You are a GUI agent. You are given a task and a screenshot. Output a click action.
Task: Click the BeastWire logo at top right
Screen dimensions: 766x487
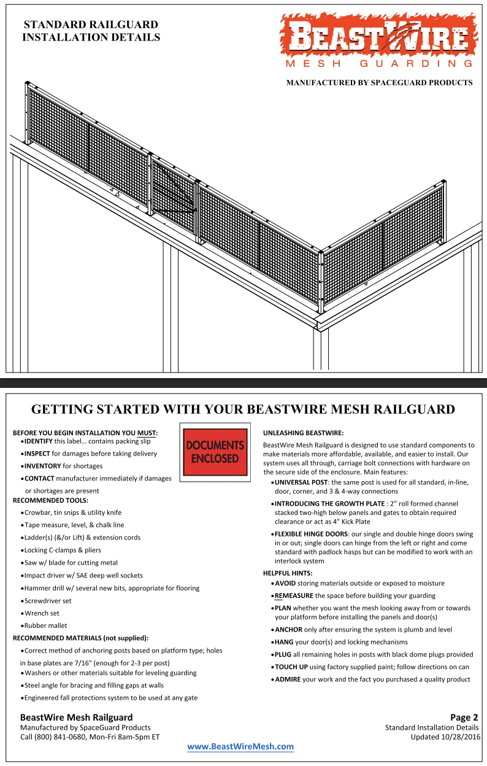pos(378,41)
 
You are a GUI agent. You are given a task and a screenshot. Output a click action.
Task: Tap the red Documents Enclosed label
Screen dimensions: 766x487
pos(215,451)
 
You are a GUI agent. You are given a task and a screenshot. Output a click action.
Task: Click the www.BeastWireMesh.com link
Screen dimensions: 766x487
pos(240,746)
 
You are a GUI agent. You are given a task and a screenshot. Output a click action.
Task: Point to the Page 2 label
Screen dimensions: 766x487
pos(464,717)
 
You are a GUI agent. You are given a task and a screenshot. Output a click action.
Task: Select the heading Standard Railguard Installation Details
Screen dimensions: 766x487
pos(91,31)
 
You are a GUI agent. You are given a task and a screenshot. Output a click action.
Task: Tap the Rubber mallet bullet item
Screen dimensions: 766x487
pos(46,625)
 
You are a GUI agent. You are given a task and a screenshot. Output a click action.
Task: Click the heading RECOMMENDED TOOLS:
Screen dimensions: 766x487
pos(50,500)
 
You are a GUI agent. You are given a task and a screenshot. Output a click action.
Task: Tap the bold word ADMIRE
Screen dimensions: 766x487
pos(287,679)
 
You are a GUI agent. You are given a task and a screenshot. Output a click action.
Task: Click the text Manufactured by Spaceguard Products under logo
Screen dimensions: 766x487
pos(379,82)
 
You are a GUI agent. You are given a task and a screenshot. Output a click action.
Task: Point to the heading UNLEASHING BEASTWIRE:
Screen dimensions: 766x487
pos(303,433)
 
